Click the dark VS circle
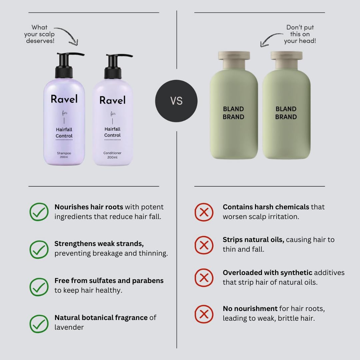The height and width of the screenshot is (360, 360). [176, 101]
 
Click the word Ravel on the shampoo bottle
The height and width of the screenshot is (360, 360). [64, 99]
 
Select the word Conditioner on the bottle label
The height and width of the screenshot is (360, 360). [112, 153]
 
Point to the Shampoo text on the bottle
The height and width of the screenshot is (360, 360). [64, 153]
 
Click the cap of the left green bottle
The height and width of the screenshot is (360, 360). [234, 60]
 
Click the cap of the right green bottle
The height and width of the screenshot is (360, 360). [286, 60]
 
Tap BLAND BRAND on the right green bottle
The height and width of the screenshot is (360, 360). [286, 113]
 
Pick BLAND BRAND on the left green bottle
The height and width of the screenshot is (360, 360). [233, 113]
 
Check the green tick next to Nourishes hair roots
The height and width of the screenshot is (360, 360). [39, 212]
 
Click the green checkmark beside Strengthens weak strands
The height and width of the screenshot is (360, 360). [39, 249]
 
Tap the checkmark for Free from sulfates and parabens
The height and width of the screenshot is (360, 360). [39, 287]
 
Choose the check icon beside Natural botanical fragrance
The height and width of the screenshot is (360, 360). [39, 324]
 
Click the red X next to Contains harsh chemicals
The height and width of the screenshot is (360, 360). [204, 212]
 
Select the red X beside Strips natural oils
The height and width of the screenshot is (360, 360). [204, 245]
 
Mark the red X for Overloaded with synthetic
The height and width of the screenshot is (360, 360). [204, 278]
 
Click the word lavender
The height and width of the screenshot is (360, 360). [69, 327]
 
